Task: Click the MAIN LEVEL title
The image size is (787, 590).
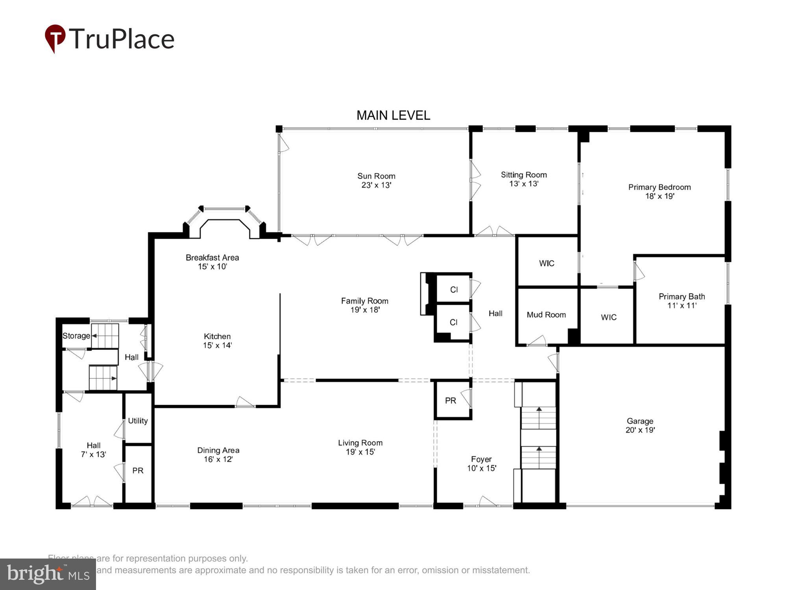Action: tap(393, 115)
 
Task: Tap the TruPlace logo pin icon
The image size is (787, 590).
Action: tap(55, 38)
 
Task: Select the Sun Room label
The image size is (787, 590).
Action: tap(376, 176)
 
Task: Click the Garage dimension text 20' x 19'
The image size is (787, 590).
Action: tap(640, 430)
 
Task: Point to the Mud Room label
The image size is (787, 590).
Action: tap(546, 315)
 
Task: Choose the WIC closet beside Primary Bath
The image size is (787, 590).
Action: tap(608, 317)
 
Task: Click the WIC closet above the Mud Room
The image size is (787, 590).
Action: tap(547, 263)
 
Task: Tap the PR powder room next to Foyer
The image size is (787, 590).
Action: tap(451, 400)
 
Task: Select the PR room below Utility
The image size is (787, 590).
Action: tap(138, 470)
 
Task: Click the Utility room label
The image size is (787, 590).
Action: tap(138, 420)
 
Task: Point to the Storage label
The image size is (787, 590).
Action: tap(76, 336)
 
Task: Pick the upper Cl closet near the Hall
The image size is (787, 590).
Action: tap(454, 289)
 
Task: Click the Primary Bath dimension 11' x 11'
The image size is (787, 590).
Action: tap(682, 306)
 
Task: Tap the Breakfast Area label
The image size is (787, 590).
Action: tap(212, 258)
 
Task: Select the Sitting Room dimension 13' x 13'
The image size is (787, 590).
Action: tap(524, 184)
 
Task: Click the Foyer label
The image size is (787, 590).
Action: tap(481, 459)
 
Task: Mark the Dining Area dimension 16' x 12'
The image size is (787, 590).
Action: tap(218, 459)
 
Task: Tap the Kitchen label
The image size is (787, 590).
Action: tap(217, 336)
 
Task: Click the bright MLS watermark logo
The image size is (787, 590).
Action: tap(48, 574)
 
